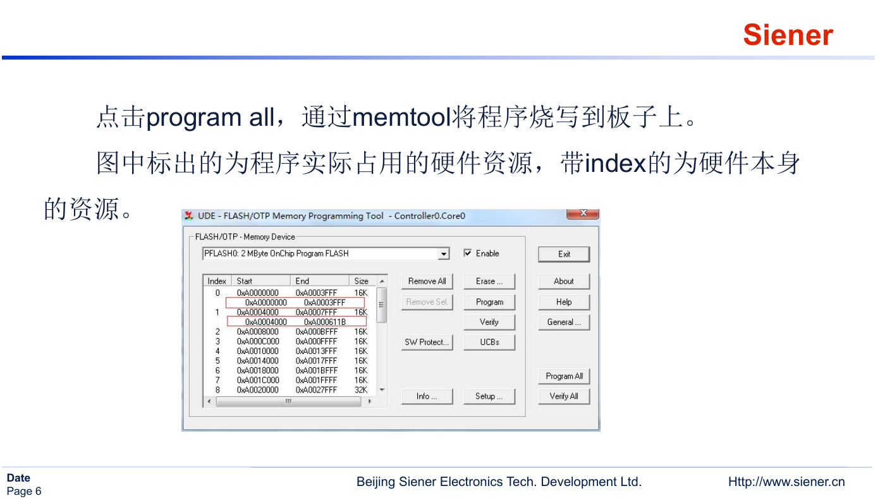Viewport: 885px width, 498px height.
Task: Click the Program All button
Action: (564, 376)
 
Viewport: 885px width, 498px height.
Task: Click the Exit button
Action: (564, 254)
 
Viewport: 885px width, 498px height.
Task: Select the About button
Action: (564, 281)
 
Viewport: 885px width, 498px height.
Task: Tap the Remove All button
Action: (427, 281)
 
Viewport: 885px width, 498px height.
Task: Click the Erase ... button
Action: (489, 281)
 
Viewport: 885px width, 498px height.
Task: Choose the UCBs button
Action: (489, 342)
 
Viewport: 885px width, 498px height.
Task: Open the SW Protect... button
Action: (427, 342)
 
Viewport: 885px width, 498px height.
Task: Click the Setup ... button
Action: (489, 396)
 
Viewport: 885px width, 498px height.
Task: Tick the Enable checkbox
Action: (468, 253)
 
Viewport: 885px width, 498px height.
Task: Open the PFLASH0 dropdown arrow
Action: (444, 253)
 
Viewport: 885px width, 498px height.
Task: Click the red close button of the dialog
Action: (583, 213)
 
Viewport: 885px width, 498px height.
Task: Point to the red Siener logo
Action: (788, 35)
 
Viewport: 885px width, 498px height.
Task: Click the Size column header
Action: (361, 281)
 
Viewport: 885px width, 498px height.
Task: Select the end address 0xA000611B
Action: (325, 322)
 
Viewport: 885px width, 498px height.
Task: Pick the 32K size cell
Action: (361, 390)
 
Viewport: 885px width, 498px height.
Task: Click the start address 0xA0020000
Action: (258, 390)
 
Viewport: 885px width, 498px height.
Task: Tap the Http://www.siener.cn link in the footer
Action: (786, 482)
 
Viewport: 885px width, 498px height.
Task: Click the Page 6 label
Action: (24, 491)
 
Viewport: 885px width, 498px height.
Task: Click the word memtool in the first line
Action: (402, 118)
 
